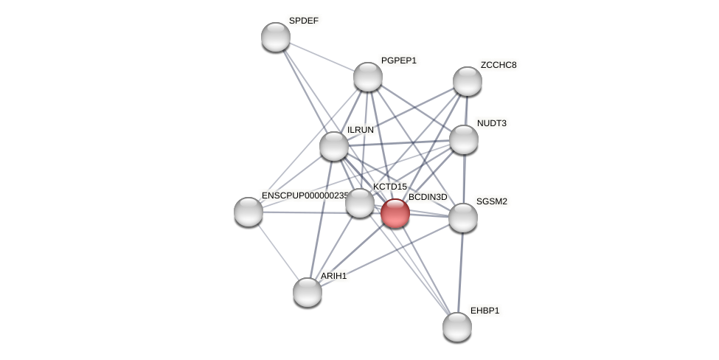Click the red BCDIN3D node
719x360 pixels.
[x=395, y=213]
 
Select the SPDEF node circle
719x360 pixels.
[x=276, y=37]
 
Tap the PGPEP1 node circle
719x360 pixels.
[x=367, y=77]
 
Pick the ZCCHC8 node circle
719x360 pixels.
[x=467, y=81]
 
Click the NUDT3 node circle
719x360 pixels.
[x=463, y=139]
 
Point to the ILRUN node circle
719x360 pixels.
[x=334, y=146]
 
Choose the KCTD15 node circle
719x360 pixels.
[x=360, y=203]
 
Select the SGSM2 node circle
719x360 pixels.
[x=463, y=218]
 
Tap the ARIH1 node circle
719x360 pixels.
[x=308, y=292]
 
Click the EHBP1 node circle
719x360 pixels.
[x=457, y=327]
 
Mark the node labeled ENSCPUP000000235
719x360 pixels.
[x=249, y=212]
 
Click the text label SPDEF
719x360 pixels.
[x=303, y=21]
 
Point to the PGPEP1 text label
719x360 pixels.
[x=398, y=60]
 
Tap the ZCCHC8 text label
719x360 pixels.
[x=499, y=65]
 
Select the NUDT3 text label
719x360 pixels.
[x=491, y=123]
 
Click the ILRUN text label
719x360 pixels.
[x=361, y=130]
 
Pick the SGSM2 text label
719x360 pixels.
[x=491, y=201]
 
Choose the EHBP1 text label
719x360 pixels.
[x=484, y=311]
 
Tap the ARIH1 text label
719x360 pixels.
[x=333, y=276]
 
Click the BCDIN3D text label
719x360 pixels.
[x=428, y=197]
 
